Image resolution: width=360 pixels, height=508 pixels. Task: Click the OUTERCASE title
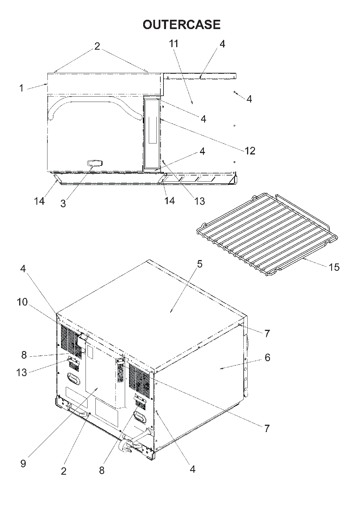181,25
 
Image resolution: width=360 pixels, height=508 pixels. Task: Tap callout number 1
21,88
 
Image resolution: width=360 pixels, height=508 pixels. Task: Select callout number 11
174,44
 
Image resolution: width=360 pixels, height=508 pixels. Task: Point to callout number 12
250,151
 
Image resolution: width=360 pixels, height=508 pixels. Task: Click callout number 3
63,203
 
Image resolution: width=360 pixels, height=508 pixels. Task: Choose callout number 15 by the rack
334,267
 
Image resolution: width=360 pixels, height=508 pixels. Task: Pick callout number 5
200,264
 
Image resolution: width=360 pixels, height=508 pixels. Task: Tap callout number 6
267,357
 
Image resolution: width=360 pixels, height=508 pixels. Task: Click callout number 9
23,463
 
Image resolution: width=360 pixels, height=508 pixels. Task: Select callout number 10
22,302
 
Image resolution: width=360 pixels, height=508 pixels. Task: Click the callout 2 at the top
97,47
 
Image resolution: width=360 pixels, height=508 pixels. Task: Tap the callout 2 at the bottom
64,471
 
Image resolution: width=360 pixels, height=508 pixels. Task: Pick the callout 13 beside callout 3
199,201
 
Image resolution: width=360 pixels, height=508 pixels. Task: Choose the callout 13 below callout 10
22,373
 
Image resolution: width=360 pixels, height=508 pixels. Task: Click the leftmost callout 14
40,201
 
